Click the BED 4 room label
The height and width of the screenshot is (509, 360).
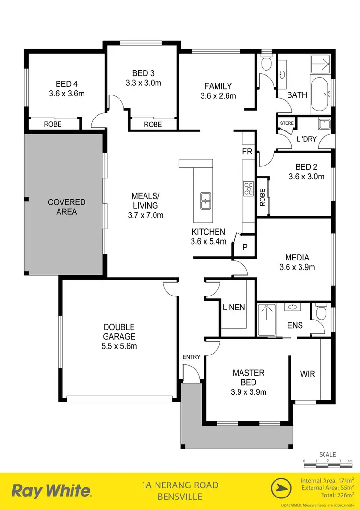click(66, 83)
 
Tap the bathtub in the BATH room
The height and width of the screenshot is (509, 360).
click(320, 94)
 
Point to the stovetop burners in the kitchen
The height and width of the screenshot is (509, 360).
click(249, 188)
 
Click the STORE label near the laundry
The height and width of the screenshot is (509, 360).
click(287, 123)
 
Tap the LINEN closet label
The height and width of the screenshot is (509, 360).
click(234, 308)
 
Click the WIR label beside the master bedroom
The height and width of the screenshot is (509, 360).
click(308, 374)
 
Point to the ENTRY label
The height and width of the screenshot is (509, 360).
click(191, 357)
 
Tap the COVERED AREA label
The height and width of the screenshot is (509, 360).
click(66, 207)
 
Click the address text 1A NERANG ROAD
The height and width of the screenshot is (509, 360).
click(180, 485)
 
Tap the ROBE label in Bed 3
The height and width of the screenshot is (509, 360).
click(153, 124)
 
